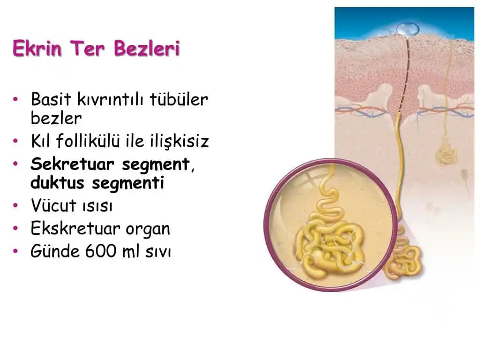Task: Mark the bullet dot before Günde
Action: tap(16, 252)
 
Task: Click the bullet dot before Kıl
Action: tap(16, 141)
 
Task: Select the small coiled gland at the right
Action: tap(447, 154)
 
